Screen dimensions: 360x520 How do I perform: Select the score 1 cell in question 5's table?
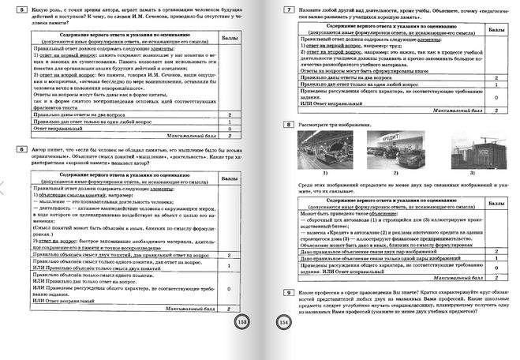(227, 123)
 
